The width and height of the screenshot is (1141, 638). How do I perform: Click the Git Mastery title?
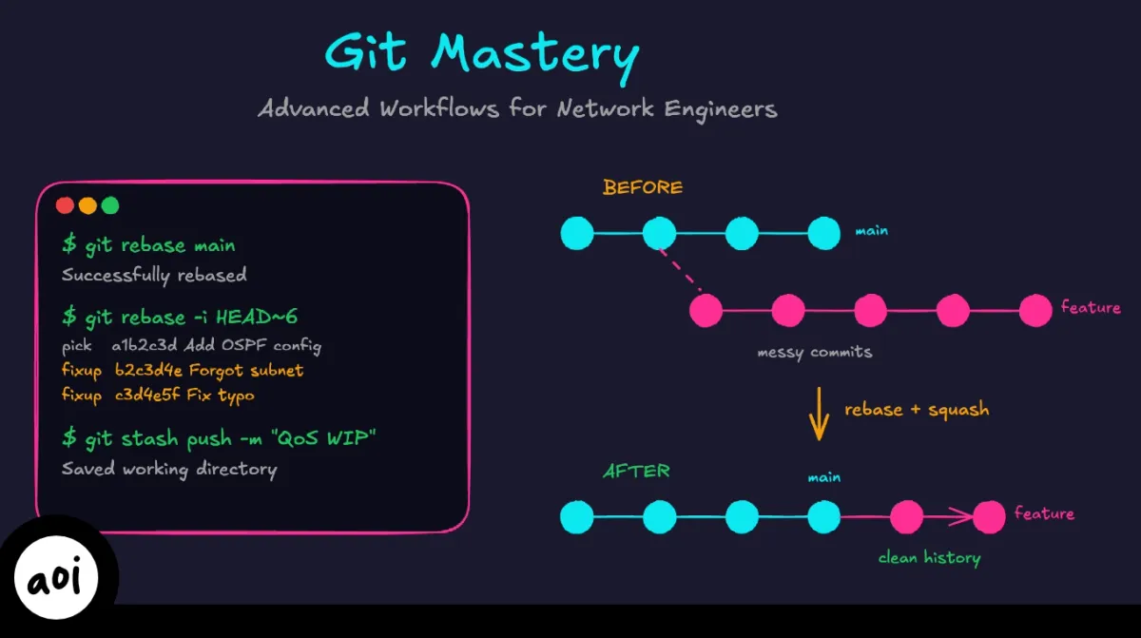point(481,54)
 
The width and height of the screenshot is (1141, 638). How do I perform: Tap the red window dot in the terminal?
point(65,205)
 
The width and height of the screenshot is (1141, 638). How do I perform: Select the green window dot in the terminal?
point(110,205)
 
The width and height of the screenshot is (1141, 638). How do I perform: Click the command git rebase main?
point(149,245)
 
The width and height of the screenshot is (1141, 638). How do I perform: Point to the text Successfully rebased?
point(154,276)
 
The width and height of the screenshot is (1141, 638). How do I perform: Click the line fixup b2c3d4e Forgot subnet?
point(183,370)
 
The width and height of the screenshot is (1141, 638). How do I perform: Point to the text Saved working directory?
point(169,470)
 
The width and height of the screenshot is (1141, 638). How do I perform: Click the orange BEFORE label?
point(643,187)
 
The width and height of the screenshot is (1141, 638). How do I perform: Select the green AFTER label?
point(636,471)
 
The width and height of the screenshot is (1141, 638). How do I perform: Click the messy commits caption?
point(814,353)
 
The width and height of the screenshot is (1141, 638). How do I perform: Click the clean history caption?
point(929,558)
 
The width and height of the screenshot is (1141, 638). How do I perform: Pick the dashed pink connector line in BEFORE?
point(680,270)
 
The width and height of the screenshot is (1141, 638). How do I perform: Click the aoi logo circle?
point(59,579)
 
